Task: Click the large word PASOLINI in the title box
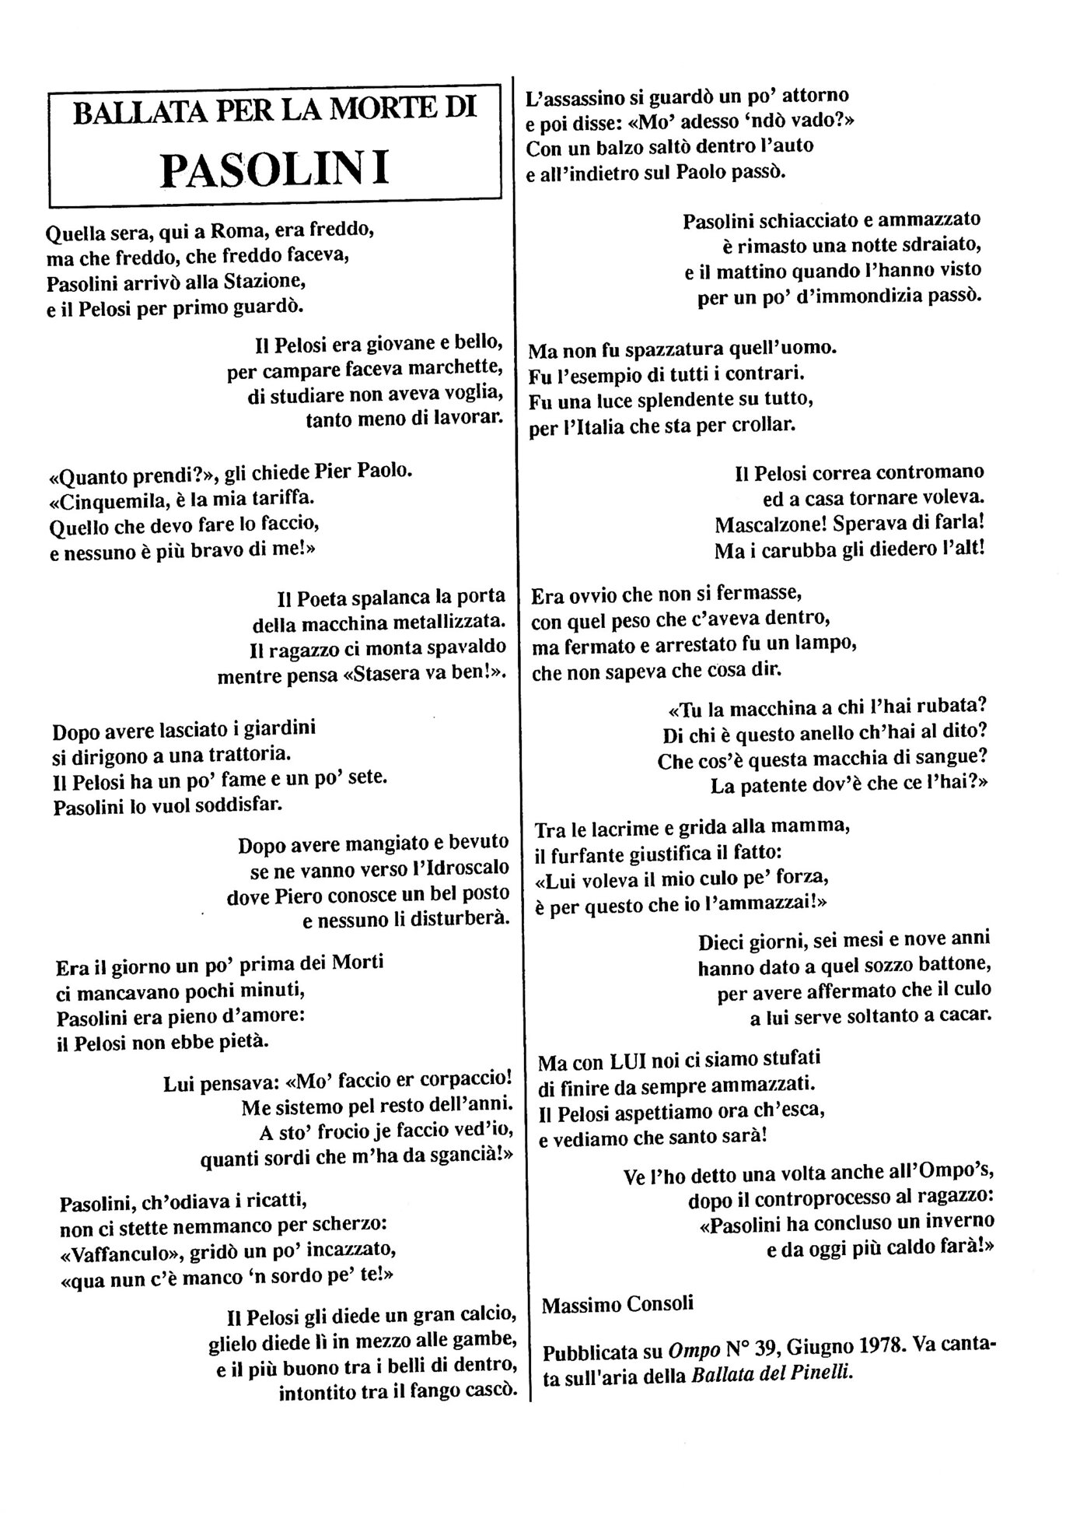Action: [274, 169]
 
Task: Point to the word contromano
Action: [930, 472]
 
